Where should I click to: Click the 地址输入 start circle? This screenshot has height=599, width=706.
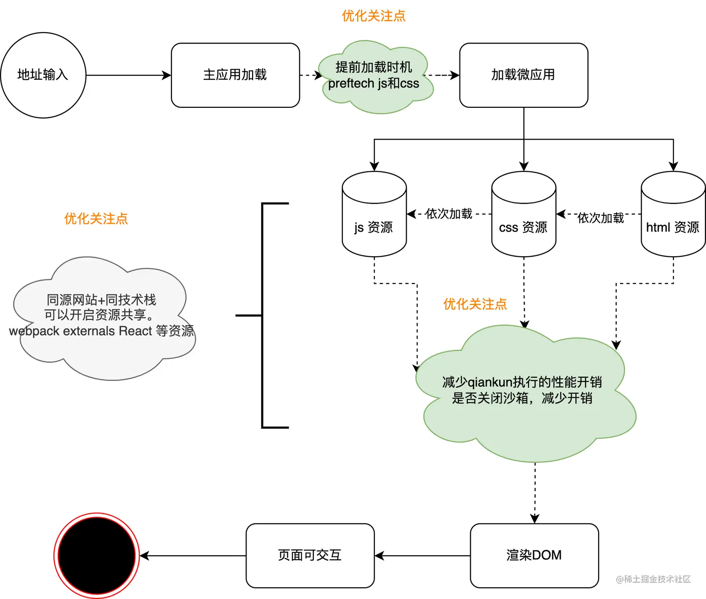click(43, 75)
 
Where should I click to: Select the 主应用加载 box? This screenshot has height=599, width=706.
click(235, 75)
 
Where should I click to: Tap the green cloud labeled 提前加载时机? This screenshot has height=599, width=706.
click(374, 76)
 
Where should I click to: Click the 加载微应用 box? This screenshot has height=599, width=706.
click(523, 75)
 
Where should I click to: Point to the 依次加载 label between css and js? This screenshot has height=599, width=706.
click(449, 214)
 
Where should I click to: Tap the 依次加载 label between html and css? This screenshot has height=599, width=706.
click(600, 218)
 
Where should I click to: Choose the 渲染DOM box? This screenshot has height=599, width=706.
click(534, 556)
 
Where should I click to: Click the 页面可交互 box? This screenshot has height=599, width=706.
click(310, 556)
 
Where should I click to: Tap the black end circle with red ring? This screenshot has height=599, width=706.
click(97, 556)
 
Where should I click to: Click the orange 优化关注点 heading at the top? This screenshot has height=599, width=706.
click(374, 16)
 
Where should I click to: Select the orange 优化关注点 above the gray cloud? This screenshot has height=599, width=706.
click(96, 218)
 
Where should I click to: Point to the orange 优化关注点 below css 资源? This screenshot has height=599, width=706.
click(475, 304)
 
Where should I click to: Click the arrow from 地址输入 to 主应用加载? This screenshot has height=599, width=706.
click(128, 75)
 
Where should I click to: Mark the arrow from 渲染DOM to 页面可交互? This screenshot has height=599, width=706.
click(422, 556)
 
